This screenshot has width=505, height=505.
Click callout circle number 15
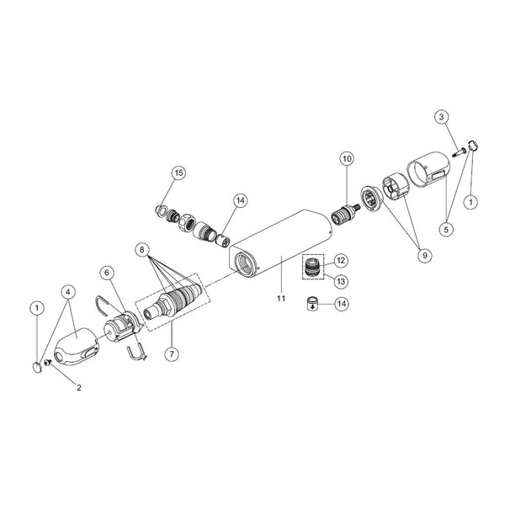point(178,173)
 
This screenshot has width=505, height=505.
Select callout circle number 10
point(347,158)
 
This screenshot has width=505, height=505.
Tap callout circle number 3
point(441,117)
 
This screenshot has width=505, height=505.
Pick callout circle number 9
point(424,255)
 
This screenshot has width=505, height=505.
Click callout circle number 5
point(446,229)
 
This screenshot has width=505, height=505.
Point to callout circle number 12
point(341,261)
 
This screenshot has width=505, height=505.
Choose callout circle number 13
point(341,281)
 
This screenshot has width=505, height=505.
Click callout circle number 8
point(143,250)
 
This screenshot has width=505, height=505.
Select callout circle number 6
point(107,273)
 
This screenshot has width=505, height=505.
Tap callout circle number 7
point(172,354)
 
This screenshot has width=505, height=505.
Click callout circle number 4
point(67,292)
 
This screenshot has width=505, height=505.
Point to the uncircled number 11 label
point(281,299)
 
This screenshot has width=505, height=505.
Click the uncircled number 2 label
point(79,387)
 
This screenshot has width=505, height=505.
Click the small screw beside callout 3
point(460,151)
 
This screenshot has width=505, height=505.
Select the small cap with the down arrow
point(311,303)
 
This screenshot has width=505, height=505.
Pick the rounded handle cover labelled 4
point(77,347)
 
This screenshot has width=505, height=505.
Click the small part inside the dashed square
point(312,266)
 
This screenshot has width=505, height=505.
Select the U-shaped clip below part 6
point(136,353)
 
